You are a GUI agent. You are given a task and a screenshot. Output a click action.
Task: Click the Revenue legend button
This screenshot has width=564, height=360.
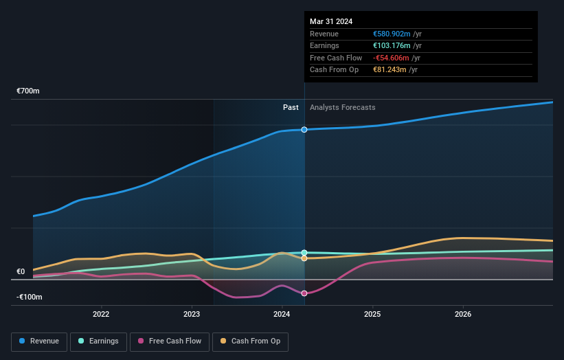(x=39, y=341)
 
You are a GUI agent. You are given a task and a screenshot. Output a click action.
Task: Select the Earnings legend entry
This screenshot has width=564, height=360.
(x=98, y=341)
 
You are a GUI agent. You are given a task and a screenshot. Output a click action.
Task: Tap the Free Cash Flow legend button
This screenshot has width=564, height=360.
(x=169, y=341)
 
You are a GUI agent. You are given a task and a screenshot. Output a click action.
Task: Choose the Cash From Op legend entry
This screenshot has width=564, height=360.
(x=251, y=341)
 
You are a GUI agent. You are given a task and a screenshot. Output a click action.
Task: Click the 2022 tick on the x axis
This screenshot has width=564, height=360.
(x=101, y=315)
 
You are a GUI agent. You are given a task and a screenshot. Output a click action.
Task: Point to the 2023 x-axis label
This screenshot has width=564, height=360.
(x=192, y=315)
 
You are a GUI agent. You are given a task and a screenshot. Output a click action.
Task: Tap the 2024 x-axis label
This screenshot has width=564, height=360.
(x=282, y=315)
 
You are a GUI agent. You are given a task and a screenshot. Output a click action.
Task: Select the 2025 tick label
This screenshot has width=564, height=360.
(x=372, y=315)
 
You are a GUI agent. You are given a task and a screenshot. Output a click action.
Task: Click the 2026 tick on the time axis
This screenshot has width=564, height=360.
(x=463, y=315)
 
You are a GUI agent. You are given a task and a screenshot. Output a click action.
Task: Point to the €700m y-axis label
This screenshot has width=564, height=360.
(x=30, y=91)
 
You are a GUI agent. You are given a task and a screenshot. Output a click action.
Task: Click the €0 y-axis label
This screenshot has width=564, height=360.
(x=21, y=271)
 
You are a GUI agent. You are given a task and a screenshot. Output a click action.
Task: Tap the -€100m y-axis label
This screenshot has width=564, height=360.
(x=30, y=297)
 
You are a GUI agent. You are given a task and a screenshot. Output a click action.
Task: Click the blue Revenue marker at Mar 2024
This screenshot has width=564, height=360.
(x=304, y=129)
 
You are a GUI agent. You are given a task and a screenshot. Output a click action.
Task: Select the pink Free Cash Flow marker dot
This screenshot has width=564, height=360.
(x=304, y=293)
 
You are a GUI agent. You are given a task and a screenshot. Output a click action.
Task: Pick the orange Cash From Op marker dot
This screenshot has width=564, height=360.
(x=304, y=258)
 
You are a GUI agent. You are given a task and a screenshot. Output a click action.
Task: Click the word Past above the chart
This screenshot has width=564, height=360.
(x=291, y=107)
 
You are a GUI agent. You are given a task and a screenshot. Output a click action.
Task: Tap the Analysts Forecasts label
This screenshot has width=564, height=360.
(x=343, y=107)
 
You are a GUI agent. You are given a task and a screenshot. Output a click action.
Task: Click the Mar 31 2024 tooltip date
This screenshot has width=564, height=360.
(x=331, y=21)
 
